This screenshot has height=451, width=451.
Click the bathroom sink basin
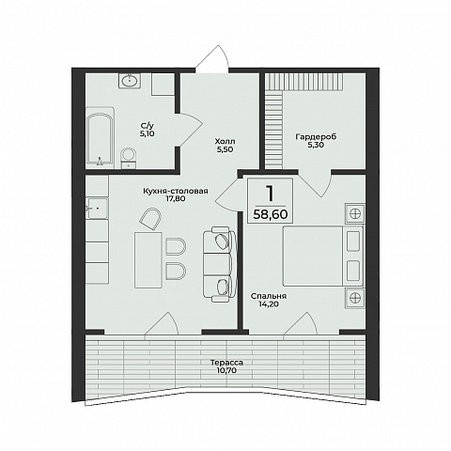coord(130,81)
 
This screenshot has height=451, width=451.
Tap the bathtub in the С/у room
coord(100,139)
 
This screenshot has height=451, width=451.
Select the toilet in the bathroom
coord(129,158)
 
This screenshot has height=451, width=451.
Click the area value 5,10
coord(148,133)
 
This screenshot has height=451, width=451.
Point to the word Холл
coord(225,142)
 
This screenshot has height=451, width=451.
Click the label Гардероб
coord(316,136)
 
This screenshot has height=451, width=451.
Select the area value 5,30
coord(316,145)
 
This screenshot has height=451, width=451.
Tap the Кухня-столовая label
coord(176,191)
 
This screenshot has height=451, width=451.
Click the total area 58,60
coord(271,214)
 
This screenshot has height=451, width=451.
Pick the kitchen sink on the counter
coord(97,208)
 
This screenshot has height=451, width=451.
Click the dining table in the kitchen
coord(148,259)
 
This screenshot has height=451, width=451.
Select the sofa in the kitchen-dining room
coord(220,266)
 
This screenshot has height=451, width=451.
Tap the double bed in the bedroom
coord(323,256)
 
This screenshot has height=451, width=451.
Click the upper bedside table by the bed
coord(355,213)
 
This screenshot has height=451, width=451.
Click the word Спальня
coord(269,296)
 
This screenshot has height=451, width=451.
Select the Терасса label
coord(226,363)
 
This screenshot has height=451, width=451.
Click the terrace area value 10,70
coord(226,371)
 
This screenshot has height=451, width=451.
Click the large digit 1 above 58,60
coord(270,193)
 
